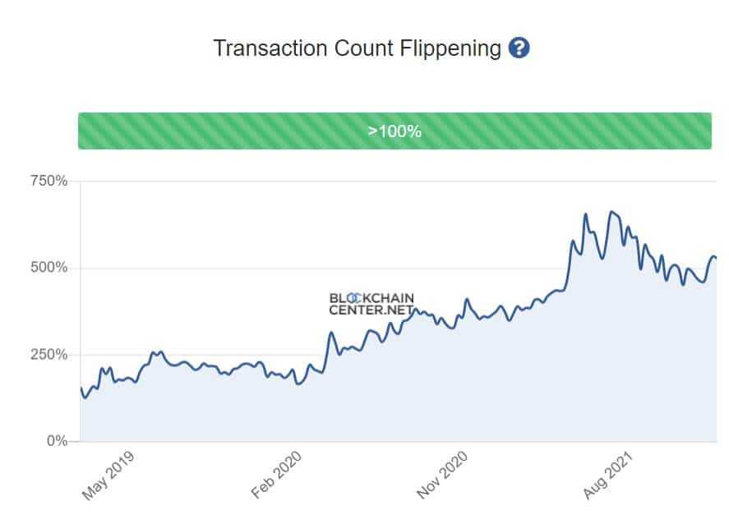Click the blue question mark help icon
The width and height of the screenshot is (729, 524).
click(x=519, y=48)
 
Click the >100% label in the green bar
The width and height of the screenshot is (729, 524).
click(x=394, y=131)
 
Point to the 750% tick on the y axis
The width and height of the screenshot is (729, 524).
click(x=49, y=181)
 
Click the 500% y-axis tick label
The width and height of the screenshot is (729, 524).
click(x=49, y=268)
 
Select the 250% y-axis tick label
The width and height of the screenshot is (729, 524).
click(x=49, y=355)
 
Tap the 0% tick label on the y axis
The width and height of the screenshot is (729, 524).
click(x=56, y=441)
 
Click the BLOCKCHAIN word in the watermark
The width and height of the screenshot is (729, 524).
click(x=371, y=298)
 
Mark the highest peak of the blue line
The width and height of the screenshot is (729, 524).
click(x=611, y=212)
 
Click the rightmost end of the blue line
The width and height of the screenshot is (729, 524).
click(x=716, y=259)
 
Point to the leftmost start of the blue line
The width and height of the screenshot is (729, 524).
click(x=81, y=388)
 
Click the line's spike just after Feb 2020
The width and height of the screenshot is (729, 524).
click(x=331, y=333)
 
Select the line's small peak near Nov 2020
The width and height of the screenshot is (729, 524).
click(x=467, y=299)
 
